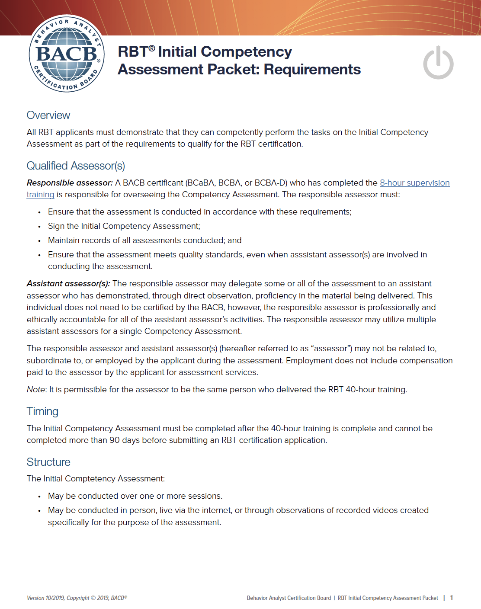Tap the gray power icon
[438, 63]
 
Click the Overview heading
[48, 115]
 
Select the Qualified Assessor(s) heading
[76, 166]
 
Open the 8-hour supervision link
[414, 183]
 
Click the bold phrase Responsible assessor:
[70, 183]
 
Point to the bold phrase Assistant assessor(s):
[68, 284]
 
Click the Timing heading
[42, 411]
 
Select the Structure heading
[48, 462]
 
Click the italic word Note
[36, 390]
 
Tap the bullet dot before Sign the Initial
[39, 227]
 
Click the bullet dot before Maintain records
[39, 241]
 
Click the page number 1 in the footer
[452, 598]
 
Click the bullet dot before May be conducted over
[39, 497]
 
